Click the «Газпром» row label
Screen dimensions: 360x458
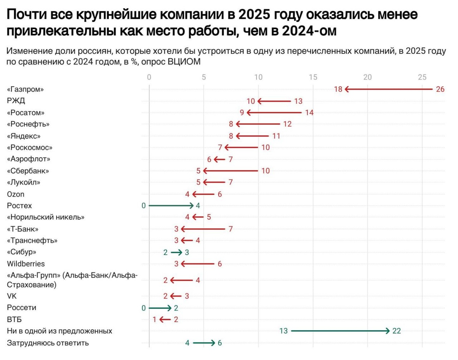(26, 89)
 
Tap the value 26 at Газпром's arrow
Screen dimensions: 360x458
(440, 89)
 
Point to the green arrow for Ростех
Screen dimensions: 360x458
(171, 206)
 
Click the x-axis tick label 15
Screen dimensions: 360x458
(313, 77)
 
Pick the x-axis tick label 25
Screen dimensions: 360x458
(422, 77)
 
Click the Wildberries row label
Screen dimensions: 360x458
(26, 264)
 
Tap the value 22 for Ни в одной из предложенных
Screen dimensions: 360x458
(397, 331)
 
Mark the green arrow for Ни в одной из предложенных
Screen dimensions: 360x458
(340, 331)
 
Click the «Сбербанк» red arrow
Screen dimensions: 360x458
(231, 171)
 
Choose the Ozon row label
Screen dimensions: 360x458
(15, 194)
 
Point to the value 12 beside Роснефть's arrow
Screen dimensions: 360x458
(287, 124)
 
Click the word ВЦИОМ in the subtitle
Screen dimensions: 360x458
(184, 62)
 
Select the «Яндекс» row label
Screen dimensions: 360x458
(24, 136)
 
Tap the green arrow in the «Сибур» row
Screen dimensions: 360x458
(176, 252)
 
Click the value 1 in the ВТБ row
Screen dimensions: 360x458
(155, 320)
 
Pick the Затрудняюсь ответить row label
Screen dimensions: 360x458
(48, 343)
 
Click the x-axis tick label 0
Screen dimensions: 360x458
(149, 77)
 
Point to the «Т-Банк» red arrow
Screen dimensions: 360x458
(203, 229)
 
